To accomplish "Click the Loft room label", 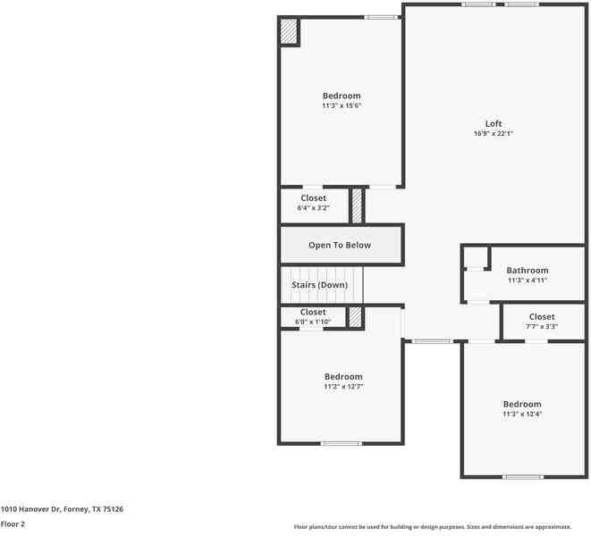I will (x=494, y=123).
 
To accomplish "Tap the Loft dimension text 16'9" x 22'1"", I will (x=494, y=134).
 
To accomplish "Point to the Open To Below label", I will (x=340, y=245).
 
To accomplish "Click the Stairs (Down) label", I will (x=319, y=285).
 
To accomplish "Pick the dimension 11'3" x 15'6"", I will (x=342, y=106).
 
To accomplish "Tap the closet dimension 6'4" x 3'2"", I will (x=314, y=208).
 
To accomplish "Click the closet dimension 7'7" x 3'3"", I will (x=541, y=327).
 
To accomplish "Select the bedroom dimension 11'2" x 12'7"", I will (x=343, y=387).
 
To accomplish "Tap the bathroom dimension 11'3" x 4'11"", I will (x=527, y=281).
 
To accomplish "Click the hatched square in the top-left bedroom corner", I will (x=289, y=31).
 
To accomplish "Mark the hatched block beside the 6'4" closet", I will (x=357, y=205).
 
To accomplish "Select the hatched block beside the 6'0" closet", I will (x=355, y=317).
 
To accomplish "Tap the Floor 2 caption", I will (x=13, y=524).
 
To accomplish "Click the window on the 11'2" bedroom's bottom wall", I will (x=341, y=443).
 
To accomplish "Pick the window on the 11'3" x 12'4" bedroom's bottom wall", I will (x=522, y=477).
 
